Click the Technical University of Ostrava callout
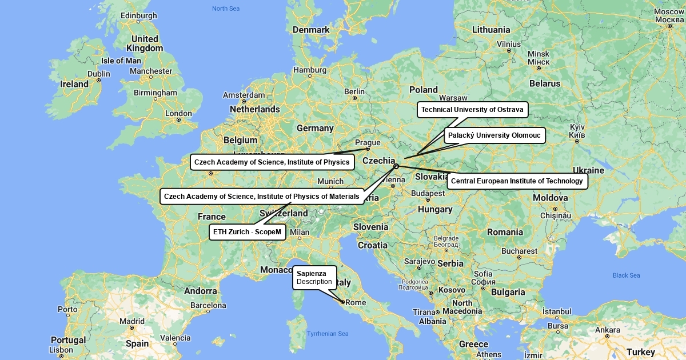(x=472, y=110)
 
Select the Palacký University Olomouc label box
(x=494, y=135)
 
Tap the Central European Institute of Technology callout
(x=517, y=181)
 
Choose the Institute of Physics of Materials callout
(x=262, y=197)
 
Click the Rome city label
(x=356, y=302)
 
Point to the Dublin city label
(x=99, y=74)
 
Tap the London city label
(x=178, y=113)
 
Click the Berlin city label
(x=354, y=91)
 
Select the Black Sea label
(x=626, y=275)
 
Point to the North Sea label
(x=226, y=9)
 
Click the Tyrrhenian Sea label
(x=328, y=334)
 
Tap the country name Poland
(x=423, y=90)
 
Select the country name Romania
(x=505, y=232)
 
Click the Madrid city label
(x=132, y=321)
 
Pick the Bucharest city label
(x=519, y=251)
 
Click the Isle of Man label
(x=121, y=61)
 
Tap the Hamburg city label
(x=309, y=70)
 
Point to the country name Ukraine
(x=588, y=170)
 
